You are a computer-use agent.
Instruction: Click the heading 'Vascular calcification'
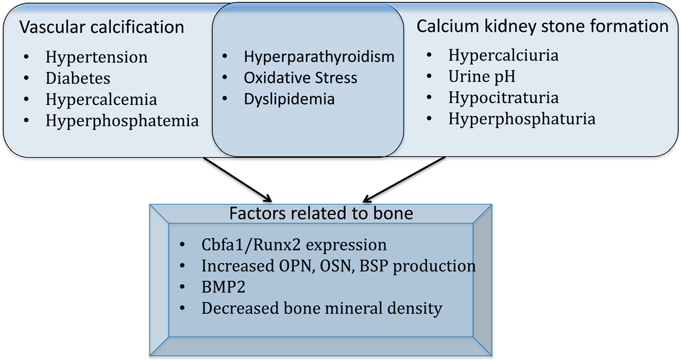click(102, 27)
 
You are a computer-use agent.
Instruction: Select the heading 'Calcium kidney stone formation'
click(542, 26)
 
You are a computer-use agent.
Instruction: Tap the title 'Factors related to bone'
click(321, 214)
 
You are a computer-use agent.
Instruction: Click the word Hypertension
click(96, 58)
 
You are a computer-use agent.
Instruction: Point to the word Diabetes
click(78, 79)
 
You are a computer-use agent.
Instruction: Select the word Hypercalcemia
click(101, 100)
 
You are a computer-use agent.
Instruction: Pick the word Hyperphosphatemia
click(122, 121)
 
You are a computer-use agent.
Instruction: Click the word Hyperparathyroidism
click(319, 57)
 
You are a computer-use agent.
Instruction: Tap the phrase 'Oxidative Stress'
click(300, 78)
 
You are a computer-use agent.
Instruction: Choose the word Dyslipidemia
click(289, 99)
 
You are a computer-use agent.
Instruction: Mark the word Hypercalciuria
click(503, 55)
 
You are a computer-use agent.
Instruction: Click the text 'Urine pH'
click(481, 77)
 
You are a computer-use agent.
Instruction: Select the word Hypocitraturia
click(503, 98)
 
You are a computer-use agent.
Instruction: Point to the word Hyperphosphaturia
click(521, 119)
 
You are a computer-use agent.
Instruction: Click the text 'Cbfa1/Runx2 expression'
click(294, 244)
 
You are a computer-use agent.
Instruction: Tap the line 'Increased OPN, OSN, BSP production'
click(339, 266)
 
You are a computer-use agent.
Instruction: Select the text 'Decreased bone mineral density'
click(322, 308)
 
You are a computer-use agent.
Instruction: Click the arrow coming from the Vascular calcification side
click(237, 179)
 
